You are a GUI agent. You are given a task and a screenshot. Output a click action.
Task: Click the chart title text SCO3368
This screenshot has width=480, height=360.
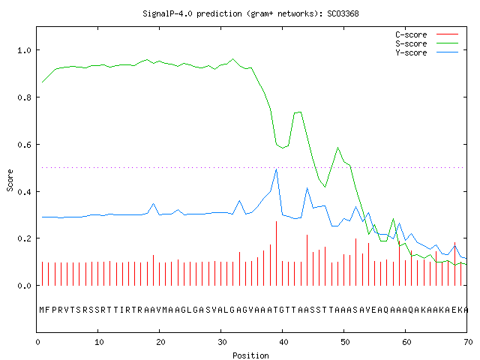coord(343,13)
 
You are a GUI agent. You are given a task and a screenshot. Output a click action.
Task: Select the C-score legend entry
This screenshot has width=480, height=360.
coord(427,34)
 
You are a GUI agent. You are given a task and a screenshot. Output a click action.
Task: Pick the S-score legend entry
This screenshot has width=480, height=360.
coord(427,43)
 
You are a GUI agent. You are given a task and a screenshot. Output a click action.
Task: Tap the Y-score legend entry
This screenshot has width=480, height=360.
coord(427,52)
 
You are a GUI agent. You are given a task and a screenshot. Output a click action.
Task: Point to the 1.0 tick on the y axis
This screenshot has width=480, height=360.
coord(24,50)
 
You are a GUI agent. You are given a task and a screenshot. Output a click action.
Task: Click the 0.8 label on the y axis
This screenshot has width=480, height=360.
coord(24,97)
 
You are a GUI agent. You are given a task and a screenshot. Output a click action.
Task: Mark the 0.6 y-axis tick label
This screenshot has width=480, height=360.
coord(24,145)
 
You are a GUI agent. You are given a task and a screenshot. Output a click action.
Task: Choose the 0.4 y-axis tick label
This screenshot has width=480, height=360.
coord(24,192)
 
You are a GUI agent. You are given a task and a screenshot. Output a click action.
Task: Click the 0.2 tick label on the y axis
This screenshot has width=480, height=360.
coord(24,238)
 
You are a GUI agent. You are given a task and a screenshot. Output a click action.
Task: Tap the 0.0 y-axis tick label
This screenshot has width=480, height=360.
coord(24,286)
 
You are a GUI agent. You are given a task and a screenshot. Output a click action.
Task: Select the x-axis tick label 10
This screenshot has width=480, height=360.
coord(99,342)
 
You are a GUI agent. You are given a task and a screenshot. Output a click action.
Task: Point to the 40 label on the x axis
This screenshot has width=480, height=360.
coord(283,342)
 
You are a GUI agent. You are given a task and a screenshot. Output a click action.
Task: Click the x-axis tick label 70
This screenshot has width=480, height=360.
coord(468,342)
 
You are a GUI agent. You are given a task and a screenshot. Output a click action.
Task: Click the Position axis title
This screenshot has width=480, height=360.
coord(250,355)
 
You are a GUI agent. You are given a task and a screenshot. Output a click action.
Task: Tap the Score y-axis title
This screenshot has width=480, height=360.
coord(10,180)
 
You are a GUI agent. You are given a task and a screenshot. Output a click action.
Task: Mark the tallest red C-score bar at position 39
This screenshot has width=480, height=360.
coord(277,253)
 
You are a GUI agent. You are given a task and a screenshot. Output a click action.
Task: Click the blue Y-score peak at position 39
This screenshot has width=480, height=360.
coord(277,169)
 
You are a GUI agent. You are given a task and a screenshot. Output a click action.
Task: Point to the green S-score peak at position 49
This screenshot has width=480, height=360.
coord(338,148)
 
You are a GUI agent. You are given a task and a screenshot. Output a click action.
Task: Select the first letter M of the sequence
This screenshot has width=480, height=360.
coord(42,310)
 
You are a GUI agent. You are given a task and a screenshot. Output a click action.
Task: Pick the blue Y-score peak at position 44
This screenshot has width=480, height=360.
coord(307,188)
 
